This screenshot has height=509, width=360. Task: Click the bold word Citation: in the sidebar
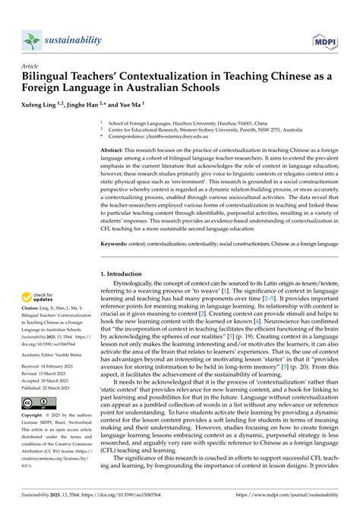[33, 307]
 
